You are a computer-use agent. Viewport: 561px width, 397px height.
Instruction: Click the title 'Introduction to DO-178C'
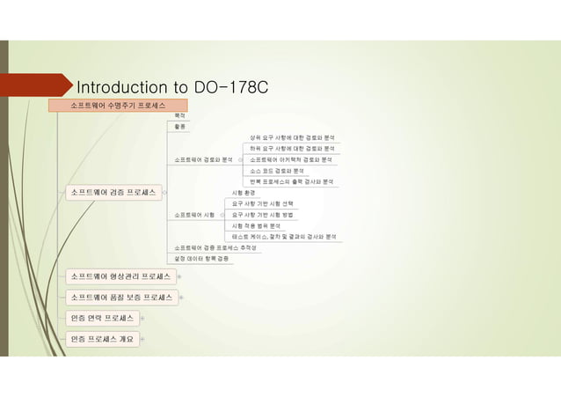(x=172, y=88)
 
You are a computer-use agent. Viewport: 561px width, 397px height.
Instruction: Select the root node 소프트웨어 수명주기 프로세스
(x=117, y=106)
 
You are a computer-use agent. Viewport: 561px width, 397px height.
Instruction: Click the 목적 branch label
(x=180, y=116)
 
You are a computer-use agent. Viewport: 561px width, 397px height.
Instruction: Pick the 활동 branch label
(x=180, y=128)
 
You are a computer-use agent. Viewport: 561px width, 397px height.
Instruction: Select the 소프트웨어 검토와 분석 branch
(x=203, y=160)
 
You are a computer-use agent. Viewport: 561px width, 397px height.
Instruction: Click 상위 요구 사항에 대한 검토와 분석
(x=291, y=138)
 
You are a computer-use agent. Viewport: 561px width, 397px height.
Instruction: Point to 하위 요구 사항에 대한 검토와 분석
(x=291, y=149)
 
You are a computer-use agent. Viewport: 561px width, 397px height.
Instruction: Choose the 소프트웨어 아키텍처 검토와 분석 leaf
(x=290, y=160)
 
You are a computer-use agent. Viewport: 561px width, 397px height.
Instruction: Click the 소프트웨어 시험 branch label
(x=194, y=214)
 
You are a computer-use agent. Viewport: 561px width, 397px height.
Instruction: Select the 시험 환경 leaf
(x=244, y=192)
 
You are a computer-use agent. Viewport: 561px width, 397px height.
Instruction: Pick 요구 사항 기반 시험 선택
(x=262, y=203)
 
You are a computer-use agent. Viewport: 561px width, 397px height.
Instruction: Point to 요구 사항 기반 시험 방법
(x=262, y=214)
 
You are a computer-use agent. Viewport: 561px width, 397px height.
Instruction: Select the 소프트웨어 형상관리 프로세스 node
(x=120, y=276)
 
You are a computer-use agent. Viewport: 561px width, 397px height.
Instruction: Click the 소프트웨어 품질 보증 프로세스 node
(x=120, y=297)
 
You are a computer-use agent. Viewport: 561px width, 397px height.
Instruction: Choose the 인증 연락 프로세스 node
(x=102, y=317)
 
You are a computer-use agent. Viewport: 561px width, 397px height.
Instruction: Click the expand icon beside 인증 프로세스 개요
(x=142, y=337)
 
